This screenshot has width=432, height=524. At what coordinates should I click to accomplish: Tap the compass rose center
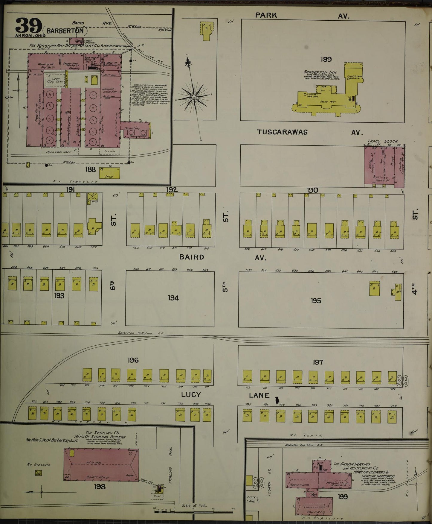tap(194, 97)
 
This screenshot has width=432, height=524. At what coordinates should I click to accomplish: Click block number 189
tap(326, 59)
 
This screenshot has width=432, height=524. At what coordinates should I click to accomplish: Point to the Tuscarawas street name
tap(282, 132)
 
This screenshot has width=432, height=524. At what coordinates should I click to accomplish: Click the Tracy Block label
tap(383, 141)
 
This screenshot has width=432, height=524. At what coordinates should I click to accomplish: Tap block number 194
tap(173, 298)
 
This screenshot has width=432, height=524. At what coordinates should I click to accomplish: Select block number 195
tap(316, 300)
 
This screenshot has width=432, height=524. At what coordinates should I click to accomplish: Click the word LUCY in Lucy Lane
tap(191, 395)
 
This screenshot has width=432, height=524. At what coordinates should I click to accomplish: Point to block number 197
tap(317, 362)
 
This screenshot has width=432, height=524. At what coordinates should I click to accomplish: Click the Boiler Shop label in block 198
tap(97, 477)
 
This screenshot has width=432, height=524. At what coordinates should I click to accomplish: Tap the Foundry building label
tap(313, 512)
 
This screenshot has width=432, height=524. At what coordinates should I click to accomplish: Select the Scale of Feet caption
tap(194, 505)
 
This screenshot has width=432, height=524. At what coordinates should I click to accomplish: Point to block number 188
tap(90, 170)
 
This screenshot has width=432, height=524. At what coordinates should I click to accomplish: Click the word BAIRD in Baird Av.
tap(192, 257)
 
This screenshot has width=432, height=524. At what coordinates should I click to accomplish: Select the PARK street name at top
tap(266, 15)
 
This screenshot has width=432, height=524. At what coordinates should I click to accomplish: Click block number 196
tap(133, 360)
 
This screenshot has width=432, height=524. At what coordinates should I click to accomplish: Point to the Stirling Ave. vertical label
tap(171, 465)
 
